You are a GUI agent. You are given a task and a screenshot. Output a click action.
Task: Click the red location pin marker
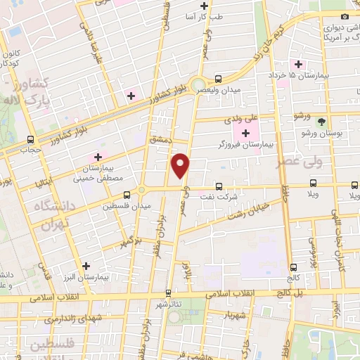tap(181, 165)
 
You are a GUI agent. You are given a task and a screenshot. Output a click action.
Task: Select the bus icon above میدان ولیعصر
tap(219, 79)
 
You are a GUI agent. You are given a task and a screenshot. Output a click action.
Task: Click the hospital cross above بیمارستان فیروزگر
tap(245, 134)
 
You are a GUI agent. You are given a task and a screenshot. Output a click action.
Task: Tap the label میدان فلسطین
tap(127, 206)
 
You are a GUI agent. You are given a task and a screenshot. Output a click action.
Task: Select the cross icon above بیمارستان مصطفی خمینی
tap(98, 157)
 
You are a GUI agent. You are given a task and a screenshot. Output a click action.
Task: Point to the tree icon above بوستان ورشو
tap(321, 121)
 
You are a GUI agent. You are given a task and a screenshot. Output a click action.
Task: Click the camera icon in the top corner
tap(345, 16)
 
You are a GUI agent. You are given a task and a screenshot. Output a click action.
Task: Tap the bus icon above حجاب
tap(30, 139)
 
